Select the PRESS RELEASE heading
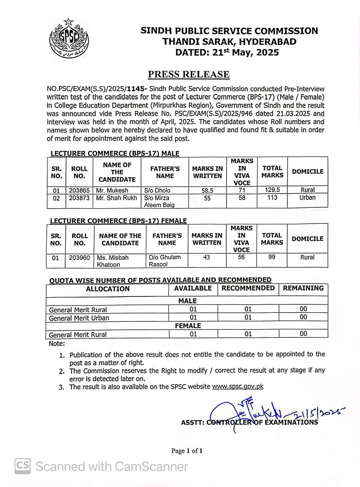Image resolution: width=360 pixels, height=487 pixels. (x=189, y=74)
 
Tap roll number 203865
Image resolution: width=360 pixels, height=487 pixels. (x=79, y=190)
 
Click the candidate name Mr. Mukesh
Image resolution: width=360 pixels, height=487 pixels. (x=112, y=190)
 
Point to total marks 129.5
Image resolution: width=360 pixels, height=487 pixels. (x=272, y=190)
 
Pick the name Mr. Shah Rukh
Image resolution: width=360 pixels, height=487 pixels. (x=116, y=198)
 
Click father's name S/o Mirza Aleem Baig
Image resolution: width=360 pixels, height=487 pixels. (x=159, y=201)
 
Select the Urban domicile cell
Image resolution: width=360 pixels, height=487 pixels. (x=307, y=197)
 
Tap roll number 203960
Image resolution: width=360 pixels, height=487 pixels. (x=79, y=258)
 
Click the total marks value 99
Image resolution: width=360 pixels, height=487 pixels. (x=271, y=257)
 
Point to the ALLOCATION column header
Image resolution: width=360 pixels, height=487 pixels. (x=108, y=289)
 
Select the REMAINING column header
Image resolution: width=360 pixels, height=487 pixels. (x=303, y=288)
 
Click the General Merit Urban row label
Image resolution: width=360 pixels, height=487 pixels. (x=79, y=318)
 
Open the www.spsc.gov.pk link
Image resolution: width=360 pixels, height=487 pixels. (x=238, y=386)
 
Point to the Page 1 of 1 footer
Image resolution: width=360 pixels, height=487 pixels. (x=187, y=451)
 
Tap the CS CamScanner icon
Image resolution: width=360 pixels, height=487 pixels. (x=23, y=466)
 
